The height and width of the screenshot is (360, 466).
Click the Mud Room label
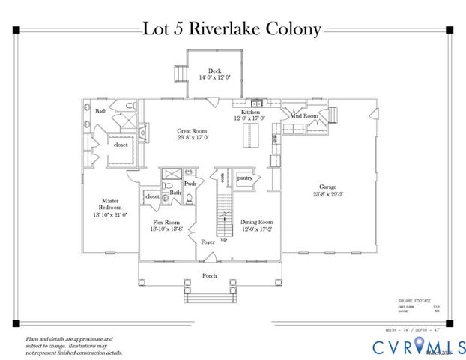(305, 116)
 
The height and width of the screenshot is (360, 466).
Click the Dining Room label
(256, 223)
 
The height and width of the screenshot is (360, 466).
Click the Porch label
(211, 275)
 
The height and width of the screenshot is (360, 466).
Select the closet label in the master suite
(121, 145)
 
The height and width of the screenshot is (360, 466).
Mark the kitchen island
(244, 137)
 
